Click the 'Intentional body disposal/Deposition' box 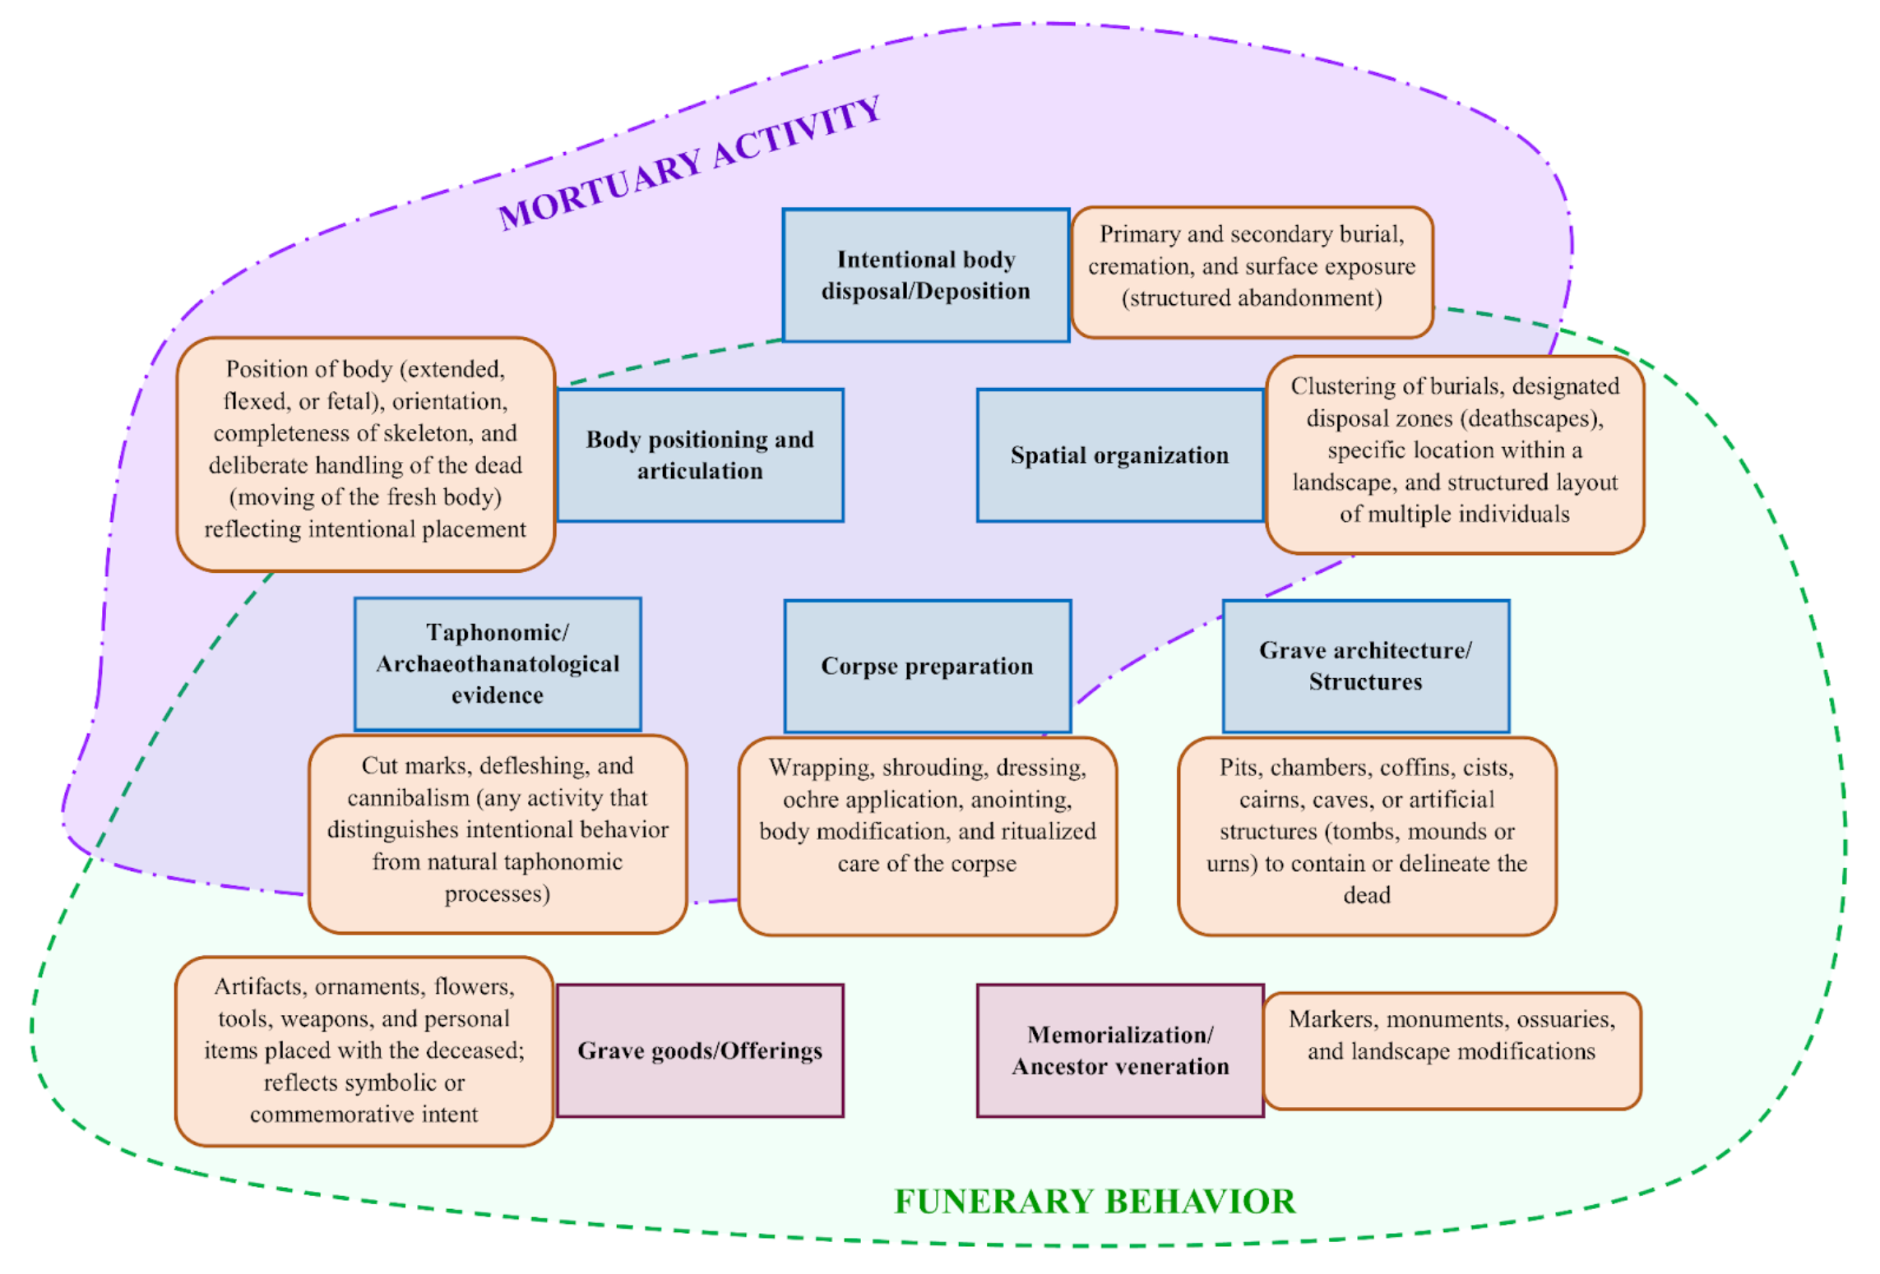click(925, 275)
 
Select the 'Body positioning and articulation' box click(700, 455)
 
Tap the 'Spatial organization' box click(1119, 455)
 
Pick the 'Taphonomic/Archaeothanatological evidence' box click(498, 663)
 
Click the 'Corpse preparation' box click(927, 665)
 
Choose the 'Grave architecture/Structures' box click(1365, 665)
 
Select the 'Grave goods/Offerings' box click(700, 1050)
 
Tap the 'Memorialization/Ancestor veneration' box click(1119, 1050)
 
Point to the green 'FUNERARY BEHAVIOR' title click(1095, 1201)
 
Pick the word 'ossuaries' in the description click(1566, 1019)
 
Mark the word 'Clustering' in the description click(1340, 386)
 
